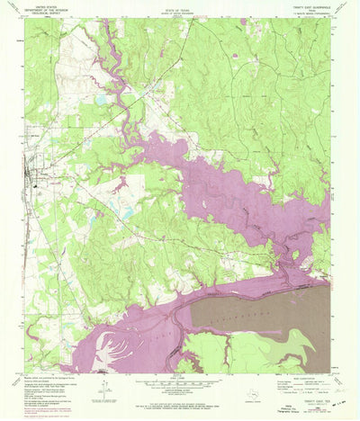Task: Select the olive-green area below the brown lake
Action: coord(270,351)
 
